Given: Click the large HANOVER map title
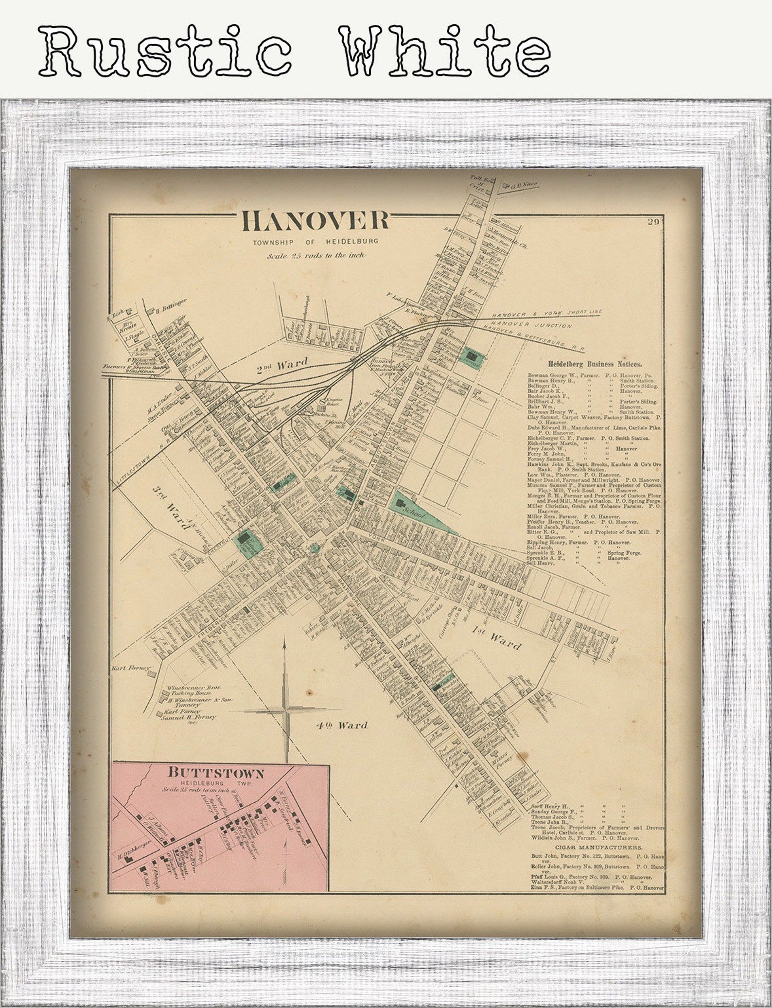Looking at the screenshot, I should click(316, 221).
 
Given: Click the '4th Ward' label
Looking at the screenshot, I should click(341, 725).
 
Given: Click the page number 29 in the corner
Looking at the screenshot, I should click(652, 223).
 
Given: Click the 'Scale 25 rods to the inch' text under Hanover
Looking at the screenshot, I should click(316, 255).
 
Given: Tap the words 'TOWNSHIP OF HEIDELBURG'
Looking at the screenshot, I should click(315, 242).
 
